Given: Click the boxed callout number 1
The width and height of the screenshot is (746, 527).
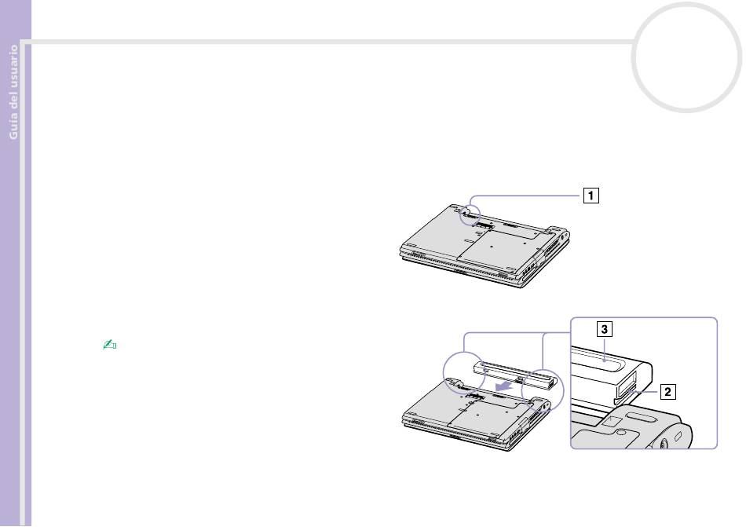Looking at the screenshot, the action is coord(591,196).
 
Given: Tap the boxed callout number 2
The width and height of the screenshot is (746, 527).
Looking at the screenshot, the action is coord(667,392).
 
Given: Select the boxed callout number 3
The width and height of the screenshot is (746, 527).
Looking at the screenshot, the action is coord(604,329).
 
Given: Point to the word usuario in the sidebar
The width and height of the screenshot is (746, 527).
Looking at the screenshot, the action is coord(13,67).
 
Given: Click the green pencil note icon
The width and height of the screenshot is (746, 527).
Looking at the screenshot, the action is coord(109,344).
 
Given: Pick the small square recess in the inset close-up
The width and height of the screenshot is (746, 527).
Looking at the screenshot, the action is coord(612,420).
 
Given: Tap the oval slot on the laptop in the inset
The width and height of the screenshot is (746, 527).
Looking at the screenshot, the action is coord(643,418).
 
